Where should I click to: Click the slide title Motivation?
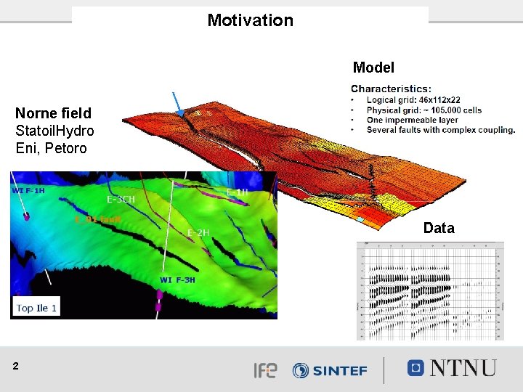[x=250, y=20]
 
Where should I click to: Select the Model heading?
[x=373, y=68]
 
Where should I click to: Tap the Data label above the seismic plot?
[x=439, y=228]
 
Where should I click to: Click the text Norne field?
[x=53, y=113]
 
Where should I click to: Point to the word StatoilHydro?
[x=54, y=131]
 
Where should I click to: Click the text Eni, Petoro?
[x=51, y=148]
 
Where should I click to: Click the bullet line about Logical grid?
[x=413, y=100]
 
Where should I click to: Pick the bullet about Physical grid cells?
[x=423, y=110]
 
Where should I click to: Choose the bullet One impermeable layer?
[x=412, y=121]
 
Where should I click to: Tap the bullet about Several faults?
[x=440, y=131]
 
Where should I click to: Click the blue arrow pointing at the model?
[x=177, y=104]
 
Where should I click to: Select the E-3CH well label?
[x=121, y=198]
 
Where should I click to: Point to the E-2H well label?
[x=198, y=232]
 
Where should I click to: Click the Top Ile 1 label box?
[x=36, y=308]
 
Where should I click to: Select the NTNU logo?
[x=452, y=368]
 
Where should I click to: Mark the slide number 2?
[x=16, y=367]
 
